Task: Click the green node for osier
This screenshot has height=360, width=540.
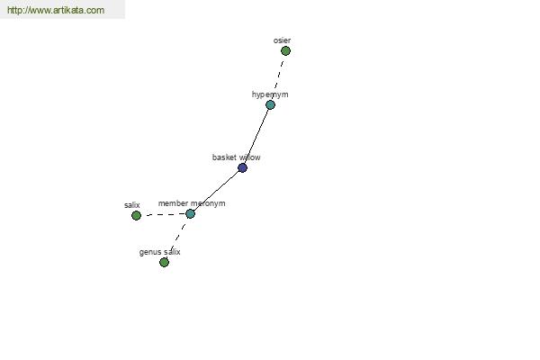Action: point(285,51)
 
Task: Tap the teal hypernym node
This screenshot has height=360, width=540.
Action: point(270,104)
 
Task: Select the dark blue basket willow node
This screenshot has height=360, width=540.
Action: point(242,167)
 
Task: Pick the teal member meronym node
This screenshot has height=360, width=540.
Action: point(190,213)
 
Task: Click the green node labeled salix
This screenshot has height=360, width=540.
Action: point(137,216)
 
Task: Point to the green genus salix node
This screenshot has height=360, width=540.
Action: point(165,263)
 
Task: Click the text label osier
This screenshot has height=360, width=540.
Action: point(282,40)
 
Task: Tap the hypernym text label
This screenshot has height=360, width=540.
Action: point(270,94)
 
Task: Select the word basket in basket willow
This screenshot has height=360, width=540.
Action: point(223,157)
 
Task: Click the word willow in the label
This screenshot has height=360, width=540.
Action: point(248,157)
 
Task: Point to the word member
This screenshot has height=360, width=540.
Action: point(173,203)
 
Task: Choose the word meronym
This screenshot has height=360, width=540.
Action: point(208,203)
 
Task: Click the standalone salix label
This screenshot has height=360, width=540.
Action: point(132,205)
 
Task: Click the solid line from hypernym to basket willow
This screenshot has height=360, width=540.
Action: point(256,136)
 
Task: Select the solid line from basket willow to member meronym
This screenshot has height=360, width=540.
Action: point(216,191)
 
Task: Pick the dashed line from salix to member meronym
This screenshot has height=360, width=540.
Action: point(163,214)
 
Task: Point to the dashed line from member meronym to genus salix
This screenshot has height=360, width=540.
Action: point(177,238)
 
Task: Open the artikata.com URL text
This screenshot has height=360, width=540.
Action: point(56,10)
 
